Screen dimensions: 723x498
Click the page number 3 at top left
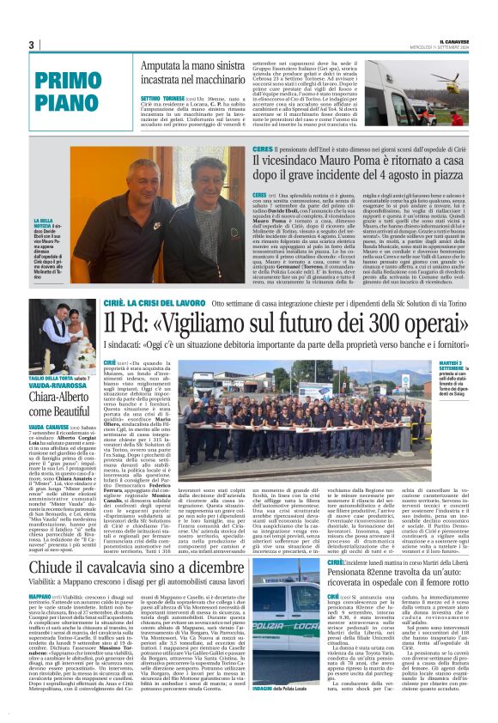[31, 45]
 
